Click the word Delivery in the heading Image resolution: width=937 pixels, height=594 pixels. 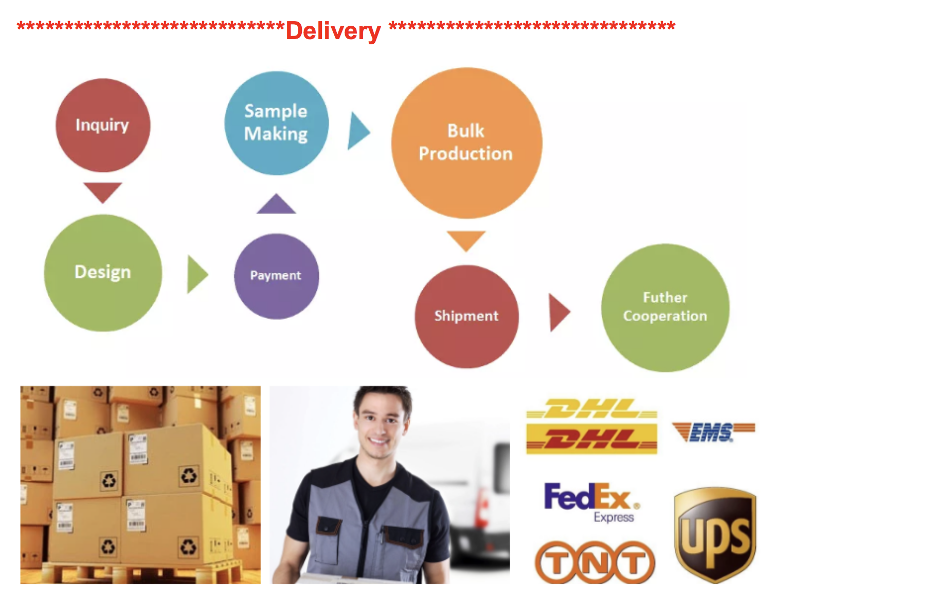333,31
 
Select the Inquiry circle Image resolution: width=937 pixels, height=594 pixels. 103,125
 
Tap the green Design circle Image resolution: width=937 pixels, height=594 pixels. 103,272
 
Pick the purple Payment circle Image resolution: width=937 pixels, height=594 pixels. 276,276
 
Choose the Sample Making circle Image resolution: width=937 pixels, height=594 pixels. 276,123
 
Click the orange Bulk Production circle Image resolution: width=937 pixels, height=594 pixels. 466,143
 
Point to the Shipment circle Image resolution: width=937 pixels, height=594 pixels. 466,316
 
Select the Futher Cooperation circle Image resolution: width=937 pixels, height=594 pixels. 665,307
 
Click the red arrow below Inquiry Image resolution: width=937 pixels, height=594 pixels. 103,191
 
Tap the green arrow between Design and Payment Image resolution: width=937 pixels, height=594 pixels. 196,274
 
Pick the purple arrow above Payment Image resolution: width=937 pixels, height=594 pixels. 276,204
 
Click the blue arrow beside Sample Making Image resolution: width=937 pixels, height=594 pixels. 357,131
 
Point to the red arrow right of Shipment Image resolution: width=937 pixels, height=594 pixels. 558,312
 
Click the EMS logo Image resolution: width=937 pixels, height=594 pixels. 713,432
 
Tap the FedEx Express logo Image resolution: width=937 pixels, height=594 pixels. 591,501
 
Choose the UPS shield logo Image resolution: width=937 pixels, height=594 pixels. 715,535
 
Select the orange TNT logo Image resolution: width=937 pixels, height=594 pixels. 595,562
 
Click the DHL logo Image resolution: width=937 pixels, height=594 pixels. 591,426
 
